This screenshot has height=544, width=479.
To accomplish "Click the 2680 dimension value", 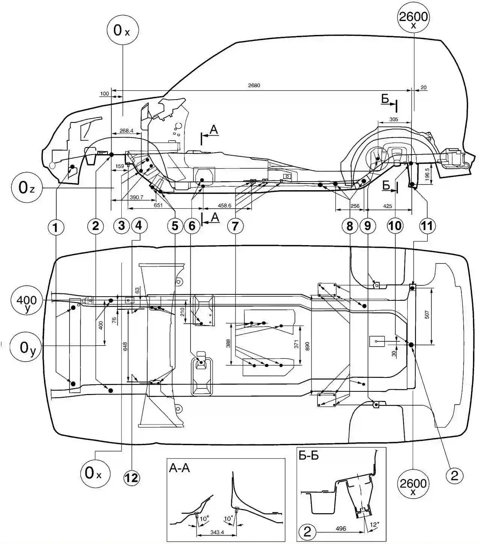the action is [254, 85].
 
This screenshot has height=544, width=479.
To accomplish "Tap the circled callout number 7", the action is [235, 226].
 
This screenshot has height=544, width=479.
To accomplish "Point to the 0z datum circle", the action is [27, 188].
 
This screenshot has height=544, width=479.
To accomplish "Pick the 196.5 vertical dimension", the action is [427, 174].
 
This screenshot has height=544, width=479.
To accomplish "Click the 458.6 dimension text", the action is [224, 205].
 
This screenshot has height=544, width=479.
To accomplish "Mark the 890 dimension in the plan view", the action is [308, 346].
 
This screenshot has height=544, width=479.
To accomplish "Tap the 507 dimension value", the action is [427, 314].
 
